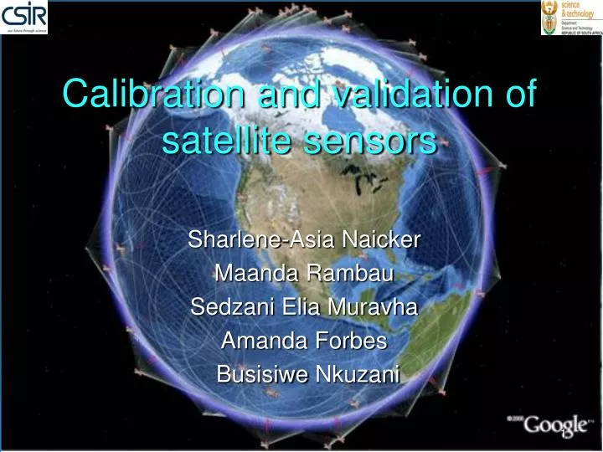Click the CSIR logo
click(x=25, y=18)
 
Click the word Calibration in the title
click(x=156, y=94)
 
